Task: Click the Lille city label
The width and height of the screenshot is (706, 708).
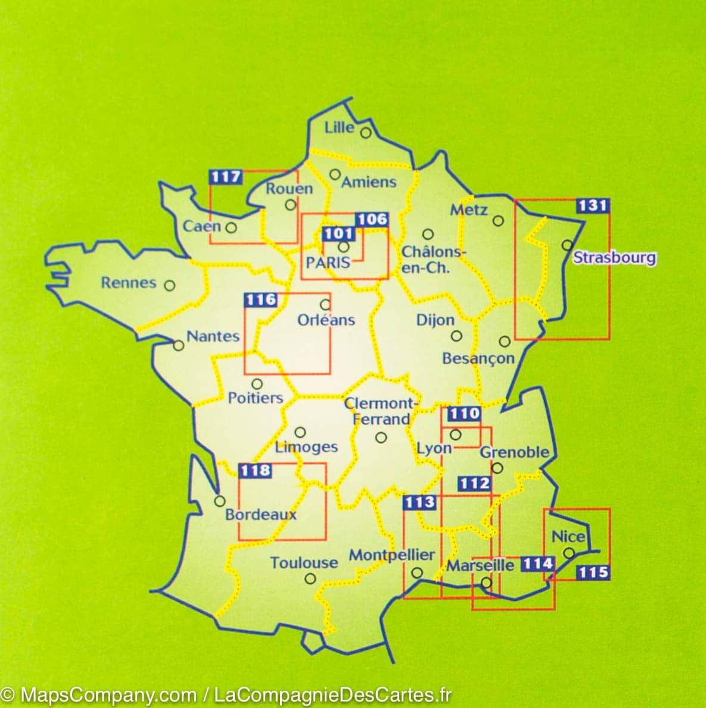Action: pos(339,127)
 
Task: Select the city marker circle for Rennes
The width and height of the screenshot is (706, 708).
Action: pos(169,286)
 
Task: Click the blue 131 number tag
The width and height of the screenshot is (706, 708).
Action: pos(592,206)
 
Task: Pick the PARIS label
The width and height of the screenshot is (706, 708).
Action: pos(327,262)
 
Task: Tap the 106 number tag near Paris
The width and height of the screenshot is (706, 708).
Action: pos(372,220)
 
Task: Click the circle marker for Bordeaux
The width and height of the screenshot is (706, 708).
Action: pos(220,501)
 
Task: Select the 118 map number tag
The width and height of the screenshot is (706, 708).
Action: pos(255,470)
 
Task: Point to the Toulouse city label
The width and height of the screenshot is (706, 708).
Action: pos(304,563)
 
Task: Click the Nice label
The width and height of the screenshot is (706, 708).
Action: pos(568,537)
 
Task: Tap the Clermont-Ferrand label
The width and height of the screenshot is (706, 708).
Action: pos(381,411)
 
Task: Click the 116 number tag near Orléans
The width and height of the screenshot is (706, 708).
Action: pos(261,300)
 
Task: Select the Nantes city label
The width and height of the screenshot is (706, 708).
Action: pos(213,336)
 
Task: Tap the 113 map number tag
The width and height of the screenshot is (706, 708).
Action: pos(419,503)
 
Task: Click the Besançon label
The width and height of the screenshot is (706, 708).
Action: pos(478,358)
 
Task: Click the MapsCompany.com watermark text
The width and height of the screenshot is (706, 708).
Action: pos(108,695)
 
